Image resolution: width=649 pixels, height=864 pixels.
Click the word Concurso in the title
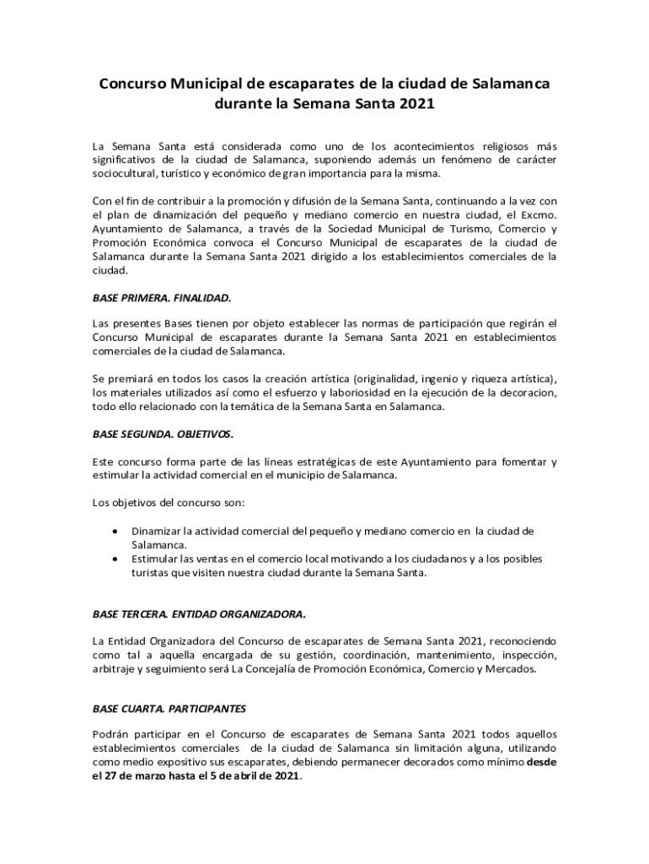pos(133,84)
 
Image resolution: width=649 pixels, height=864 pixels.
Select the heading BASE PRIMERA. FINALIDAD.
pos(160,299)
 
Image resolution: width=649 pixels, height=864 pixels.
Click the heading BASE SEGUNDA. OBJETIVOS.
pos(162,434)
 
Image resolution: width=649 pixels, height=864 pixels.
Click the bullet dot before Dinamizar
pos(115,531)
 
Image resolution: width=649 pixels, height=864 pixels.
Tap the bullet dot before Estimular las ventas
pos(115,559)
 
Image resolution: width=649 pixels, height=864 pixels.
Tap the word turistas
pos(150,573)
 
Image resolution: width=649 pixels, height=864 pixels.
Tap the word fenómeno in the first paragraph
pos(455,159)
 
